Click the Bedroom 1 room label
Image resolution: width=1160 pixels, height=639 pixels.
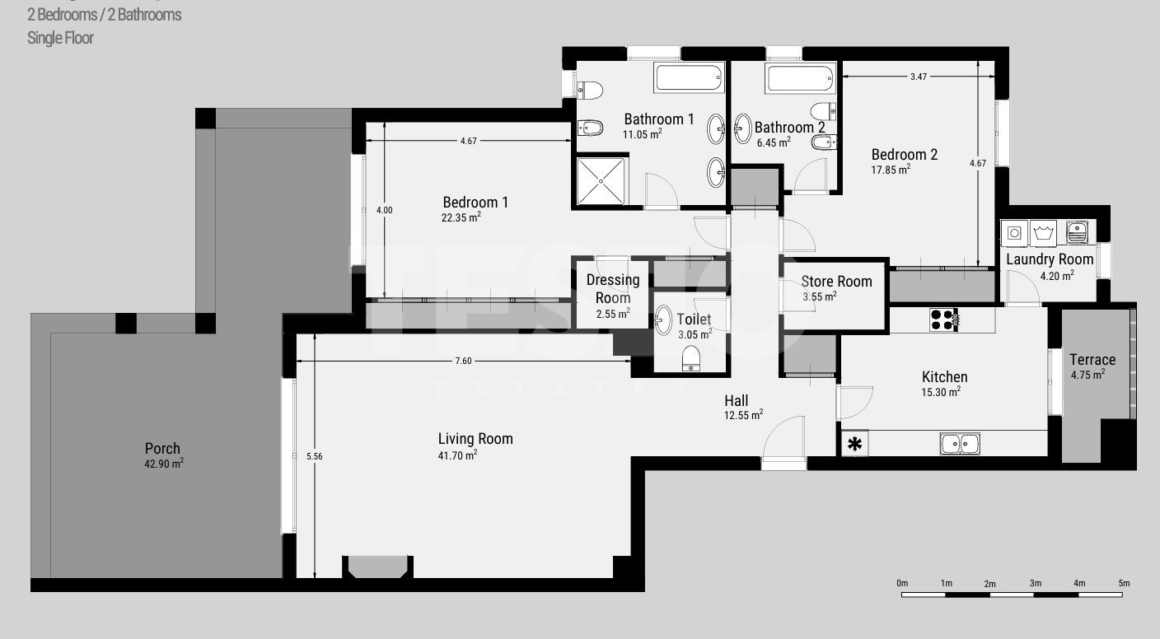[475, 203]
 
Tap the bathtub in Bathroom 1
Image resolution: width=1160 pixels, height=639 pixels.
[689, 77]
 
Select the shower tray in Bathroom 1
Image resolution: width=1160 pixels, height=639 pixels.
[601, 181]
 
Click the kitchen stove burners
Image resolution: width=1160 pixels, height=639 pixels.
[943, 319]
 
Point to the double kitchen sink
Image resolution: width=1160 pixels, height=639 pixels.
[960, 444]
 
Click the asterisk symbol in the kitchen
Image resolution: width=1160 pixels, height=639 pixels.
[854, 444]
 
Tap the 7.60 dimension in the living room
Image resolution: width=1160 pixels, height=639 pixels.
[464, 361]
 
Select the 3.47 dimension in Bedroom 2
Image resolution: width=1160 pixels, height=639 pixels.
[918, 77]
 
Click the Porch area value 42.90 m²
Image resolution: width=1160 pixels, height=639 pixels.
[164, 463]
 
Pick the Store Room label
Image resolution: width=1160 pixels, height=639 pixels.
[836, 282]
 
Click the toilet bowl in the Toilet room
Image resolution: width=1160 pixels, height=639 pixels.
[691, 358]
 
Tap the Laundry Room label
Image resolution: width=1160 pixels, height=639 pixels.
[1050, 259]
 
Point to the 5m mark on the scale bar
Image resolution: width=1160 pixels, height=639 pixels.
[1124, 583]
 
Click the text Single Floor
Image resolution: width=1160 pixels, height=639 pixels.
[60, 38]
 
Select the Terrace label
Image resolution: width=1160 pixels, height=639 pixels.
[1092, 360]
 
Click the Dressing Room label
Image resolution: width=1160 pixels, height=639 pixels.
[613, 289]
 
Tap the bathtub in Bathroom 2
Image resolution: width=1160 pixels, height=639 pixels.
[800, 79]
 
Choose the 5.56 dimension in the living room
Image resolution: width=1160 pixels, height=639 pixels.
[315, 456]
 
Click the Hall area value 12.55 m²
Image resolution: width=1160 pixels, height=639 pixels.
[743, 415]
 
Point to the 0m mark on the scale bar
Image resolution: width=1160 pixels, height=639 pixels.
[902, 583]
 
